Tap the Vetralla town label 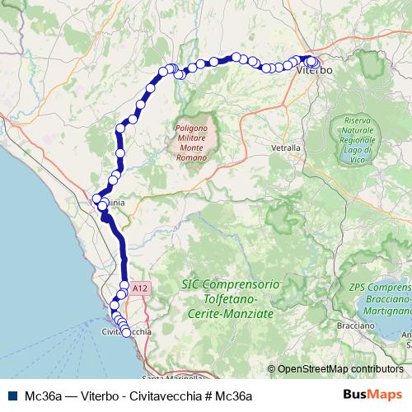pos(286,148)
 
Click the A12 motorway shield pos(139,288)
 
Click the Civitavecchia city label pos(126,332)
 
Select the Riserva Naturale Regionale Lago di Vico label pos(359,134)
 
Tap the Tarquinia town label pos(107,201)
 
